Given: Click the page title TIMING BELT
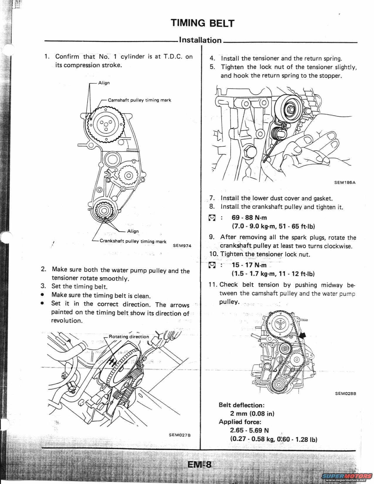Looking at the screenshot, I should pyautogui.click(x=203, y=23).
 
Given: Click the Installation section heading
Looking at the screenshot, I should pyautogui.click(x=200, y=40).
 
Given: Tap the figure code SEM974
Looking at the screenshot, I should pyautogui.click(x=182, y=246).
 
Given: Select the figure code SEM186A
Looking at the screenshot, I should pyautogui.click(x=345, y=182).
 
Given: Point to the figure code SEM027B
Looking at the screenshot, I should pyautogui.click(x=180, y=435).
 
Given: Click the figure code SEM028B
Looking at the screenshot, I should pyautogui.click(x=345, y=394).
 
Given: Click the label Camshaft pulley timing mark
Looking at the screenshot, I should pyautogui.click(x=139, y=100).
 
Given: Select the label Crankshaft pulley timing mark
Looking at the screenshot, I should pyautogui.click(x=133, y=241).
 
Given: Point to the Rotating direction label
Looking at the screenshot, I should pyautogui.click(x=129, y=336).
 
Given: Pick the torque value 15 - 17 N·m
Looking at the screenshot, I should pyautogui.click(x=249, y=265).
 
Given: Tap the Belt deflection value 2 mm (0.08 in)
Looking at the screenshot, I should pyautogui.click(x=252, y=414).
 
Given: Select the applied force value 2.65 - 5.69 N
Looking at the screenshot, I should pyautogui.click(x=250, y=430).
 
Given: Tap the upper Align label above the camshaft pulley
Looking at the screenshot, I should pyautogui.click(x=104, y=83).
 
